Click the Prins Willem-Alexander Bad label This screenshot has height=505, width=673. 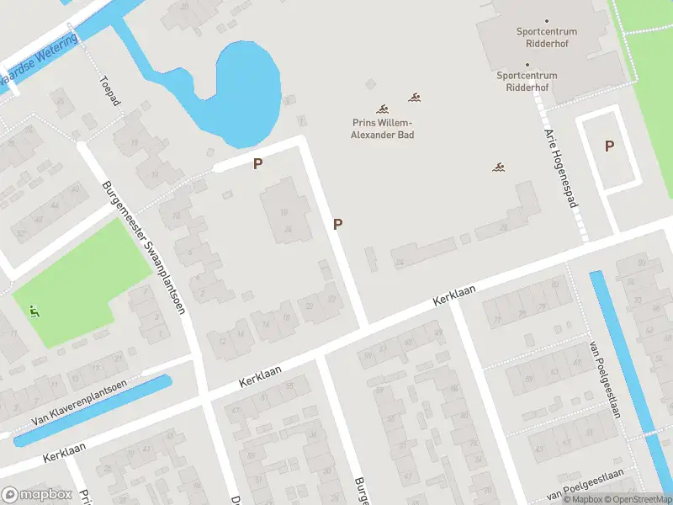click(383, 128)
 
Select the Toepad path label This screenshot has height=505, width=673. click(110, 91)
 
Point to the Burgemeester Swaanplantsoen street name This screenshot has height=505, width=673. click(143, 247)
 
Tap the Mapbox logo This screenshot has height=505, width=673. click(36, 495)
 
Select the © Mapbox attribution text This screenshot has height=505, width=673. click(583, 499)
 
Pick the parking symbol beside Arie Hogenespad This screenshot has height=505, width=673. click(609, 146)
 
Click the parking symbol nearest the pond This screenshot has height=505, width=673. click(258, 164)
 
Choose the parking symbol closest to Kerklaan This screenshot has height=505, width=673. click(338, 224)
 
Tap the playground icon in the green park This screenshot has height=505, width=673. click(34, 311)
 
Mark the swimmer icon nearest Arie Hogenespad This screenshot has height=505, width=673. click(499, 167)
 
